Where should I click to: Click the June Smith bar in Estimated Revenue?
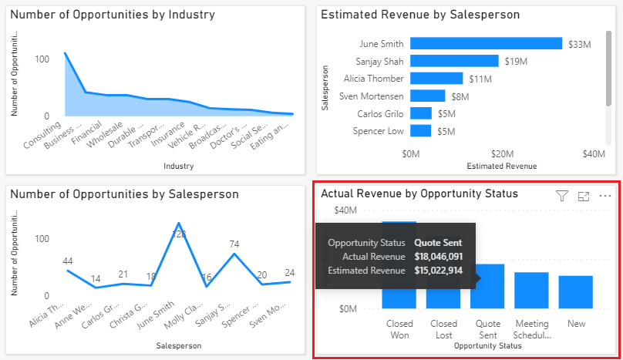tap(486, 44)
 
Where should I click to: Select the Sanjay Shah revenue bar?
tap(454, 61)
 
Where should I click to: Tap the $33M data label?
tap(579, 45)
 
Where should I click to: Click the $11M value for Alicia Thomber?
tap(480, 79)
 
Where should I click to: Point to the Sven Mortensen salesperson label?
tap(371, 96)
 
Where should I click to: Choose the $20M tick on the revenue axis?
tap(503, 153)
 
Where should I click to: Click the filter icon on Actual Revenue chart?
tap(562, 196)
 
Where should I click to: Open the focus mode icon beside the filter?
tap(584, 196)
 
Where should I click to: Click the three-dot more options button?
tap(605, 196)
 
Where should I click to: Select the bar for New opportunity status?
tap(576, 291)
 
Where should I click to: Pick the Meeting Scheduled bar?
tap(531, 290)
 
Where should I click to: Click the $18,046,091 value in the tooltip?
tap(438, 257)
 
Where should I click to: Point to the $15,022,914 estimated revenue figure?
tap(438, 271)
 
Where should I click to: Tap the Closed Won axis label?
tap(399, 329)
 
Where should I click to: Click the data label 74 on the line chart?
tap(235, 244)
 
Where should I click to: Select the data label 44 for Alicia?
tap(68, 261)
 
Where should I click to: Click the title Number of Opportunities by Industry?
tap(113, 15)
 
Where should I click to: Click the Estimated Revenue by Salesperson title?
tap(420, 15)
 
